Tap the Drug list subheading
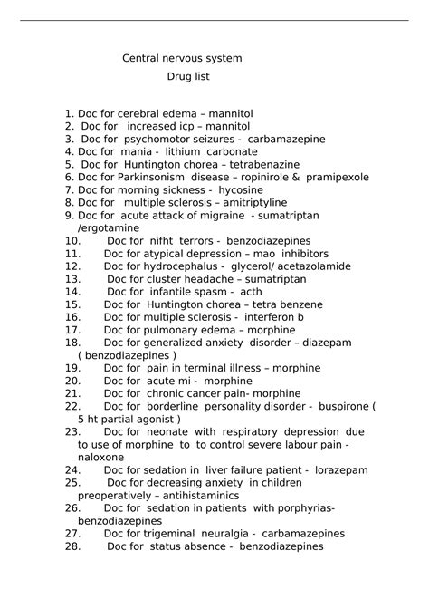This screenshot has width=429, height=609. click(x=188, y=77)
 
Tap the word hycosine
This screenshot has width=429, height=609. click(x=241, y=190)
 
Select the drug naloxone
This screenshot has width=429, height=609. click(x=100, y=458)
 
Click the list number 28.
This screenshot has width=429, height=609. click(x=73, y=546)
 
